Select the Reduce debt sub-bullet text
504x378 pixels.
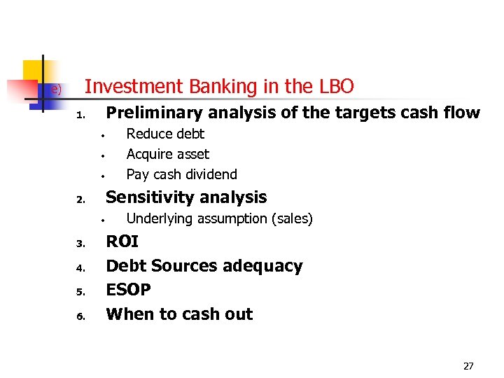(165, 134)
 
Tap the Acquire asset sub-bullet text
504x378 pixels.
(167, 154)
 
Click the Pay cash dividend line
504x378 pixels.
(181, 174)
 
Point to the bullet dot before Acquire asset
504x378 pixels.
(101, 155)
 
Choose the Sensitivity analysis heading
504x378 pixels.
(186, 197)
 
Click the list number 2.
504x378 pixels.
(80, 200)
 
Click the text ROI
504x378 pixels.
(122, 242)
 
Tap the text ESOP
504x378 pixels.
(128, 290)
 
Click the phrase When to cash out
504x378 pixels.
(178, 314)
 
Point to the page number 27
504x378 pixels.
(468, 366)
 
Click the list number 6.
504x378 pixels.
(80, 316)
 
